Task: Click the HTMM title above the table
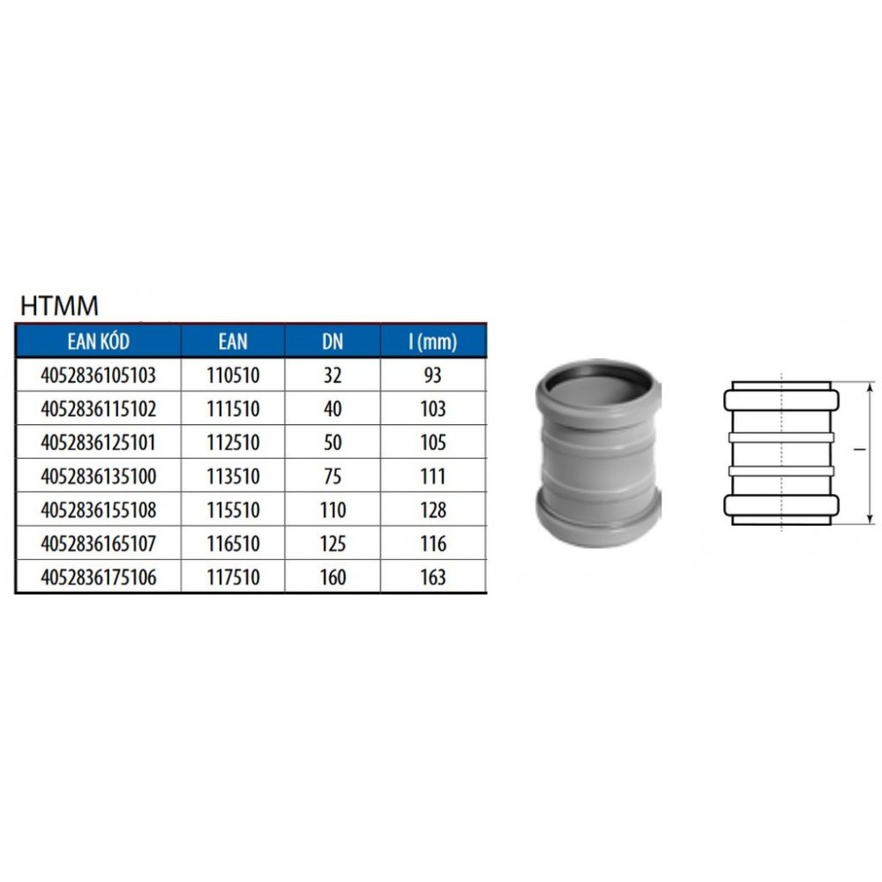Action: [59, 306]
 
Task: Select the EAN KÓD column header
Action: [99, 341]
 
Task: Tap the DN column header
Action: [333, 341]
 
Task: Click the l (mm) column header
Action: [432, 341]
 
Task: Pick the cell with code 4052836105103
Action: [99, 375]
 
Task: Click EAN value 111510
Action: [233, 409]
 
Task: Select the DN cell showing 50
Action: [333, 443]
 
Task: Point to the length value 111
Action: [432, 476]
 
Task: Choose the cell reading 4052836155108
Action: [99, 510]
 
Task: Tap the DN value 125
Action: [333, 544]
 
